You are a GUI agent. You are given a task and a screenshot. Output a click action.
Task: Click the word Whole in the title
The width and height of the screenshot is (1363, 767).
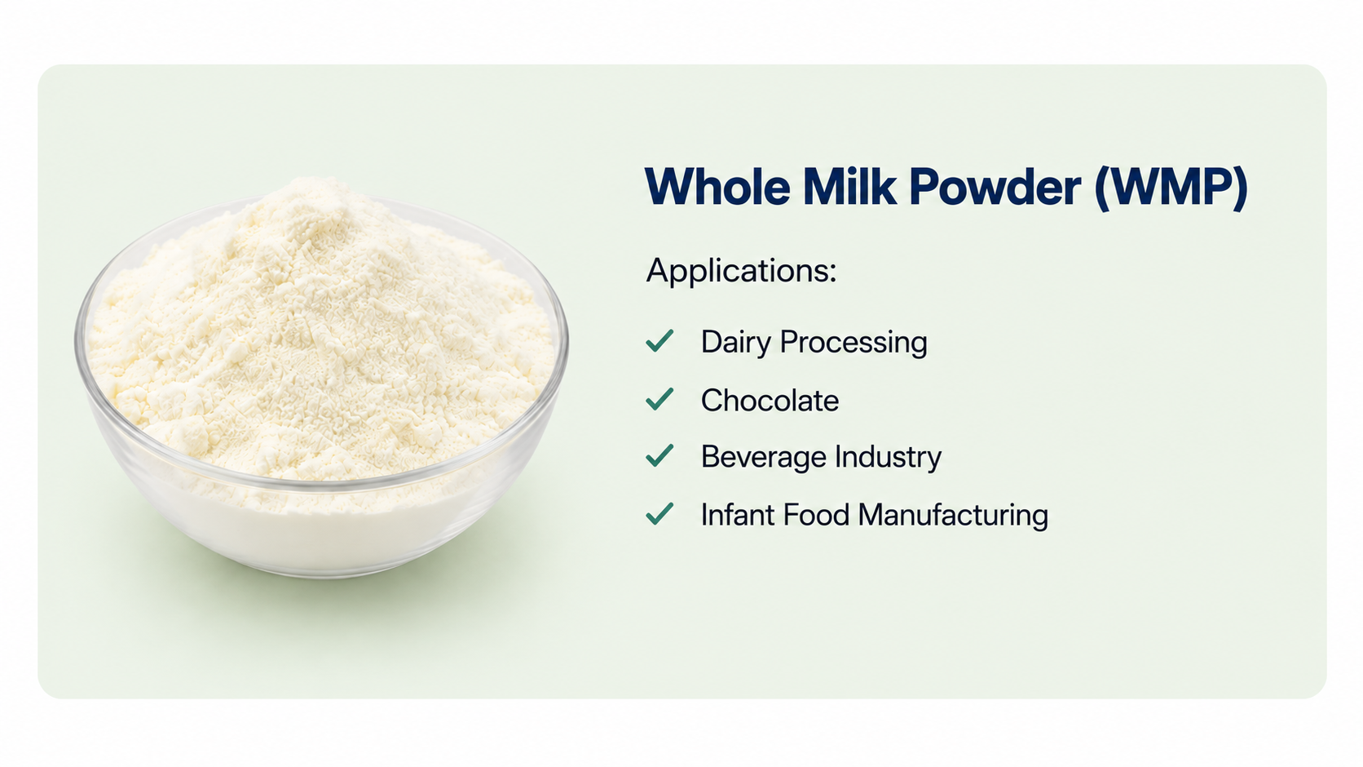tap(718, 186)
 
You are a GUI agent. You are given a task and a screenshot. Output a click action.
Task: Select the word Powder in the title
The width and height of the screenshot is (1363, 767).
tap(995, 186)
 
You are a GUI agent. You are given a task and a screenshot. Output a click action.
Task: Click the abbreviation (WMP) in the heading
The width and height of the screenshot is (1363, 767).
tap(1171, 187)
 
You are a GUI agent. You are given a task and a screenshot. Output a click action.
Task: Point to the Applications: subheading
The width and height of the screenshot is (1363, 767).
tap(741, 271)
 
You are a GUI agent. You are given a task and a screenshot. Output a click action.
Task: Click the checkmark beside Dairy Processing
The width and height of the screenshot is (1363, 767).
tap(659, 340)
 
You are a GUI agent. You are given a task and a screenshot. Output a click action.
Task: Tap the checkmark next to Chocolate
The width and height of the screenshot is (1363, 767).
tap(659, 399)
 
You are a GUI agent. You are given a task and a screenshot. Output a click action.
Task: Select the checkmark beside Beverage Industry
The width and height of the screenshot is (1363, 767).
tap(659, 455)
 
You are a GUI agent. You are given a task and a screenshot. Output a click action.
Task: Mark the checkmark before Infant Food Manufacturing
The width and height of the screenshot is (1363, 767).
tap(659, 513)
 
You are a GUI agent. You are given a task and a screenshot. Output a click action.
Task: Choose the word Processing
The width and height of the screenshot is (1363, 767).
tap(854, 343)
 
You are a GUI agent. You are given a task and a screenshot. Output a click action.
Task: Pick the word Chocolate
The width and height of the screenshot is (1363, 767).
tap(770, 401)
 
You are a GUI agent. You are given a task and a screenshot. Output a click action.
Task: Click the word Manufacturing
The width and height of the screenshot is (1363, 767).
tap(954, 516)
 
